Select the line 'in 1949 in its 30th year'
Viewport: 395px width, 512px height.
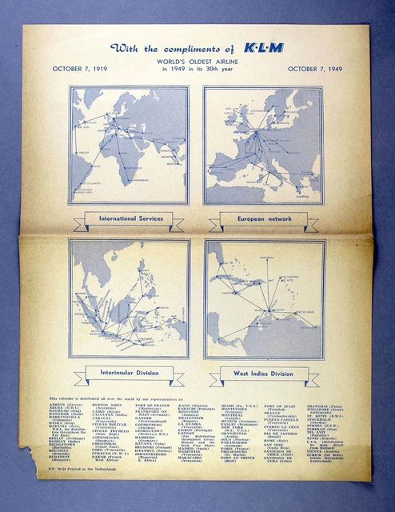(197, 70)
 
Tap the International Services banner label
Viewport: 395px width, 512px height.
(130, 218)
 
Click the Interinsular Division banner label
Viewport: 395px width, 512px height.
(129, 372)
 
